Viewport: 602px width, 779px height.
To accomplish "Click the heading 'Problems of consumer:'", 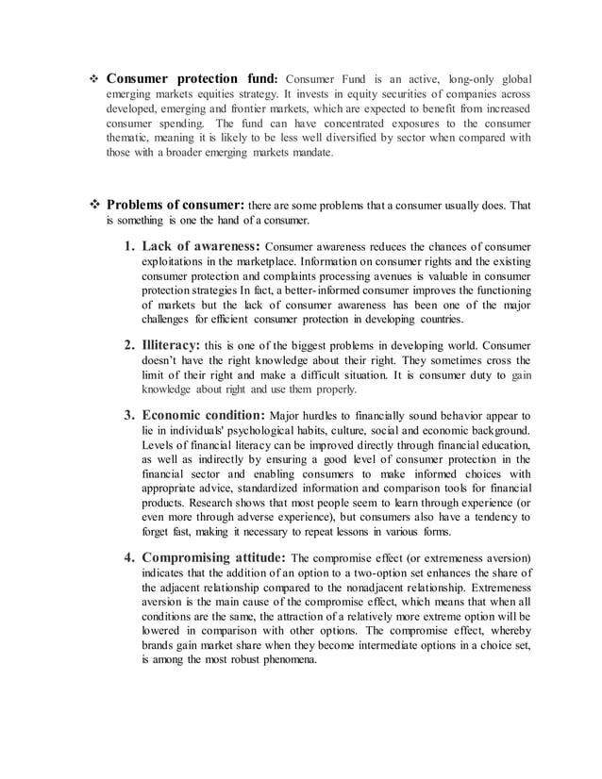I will [176, 205].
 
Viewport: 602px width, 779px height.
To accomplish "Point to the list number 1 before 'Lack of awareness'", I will [128, 246].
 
